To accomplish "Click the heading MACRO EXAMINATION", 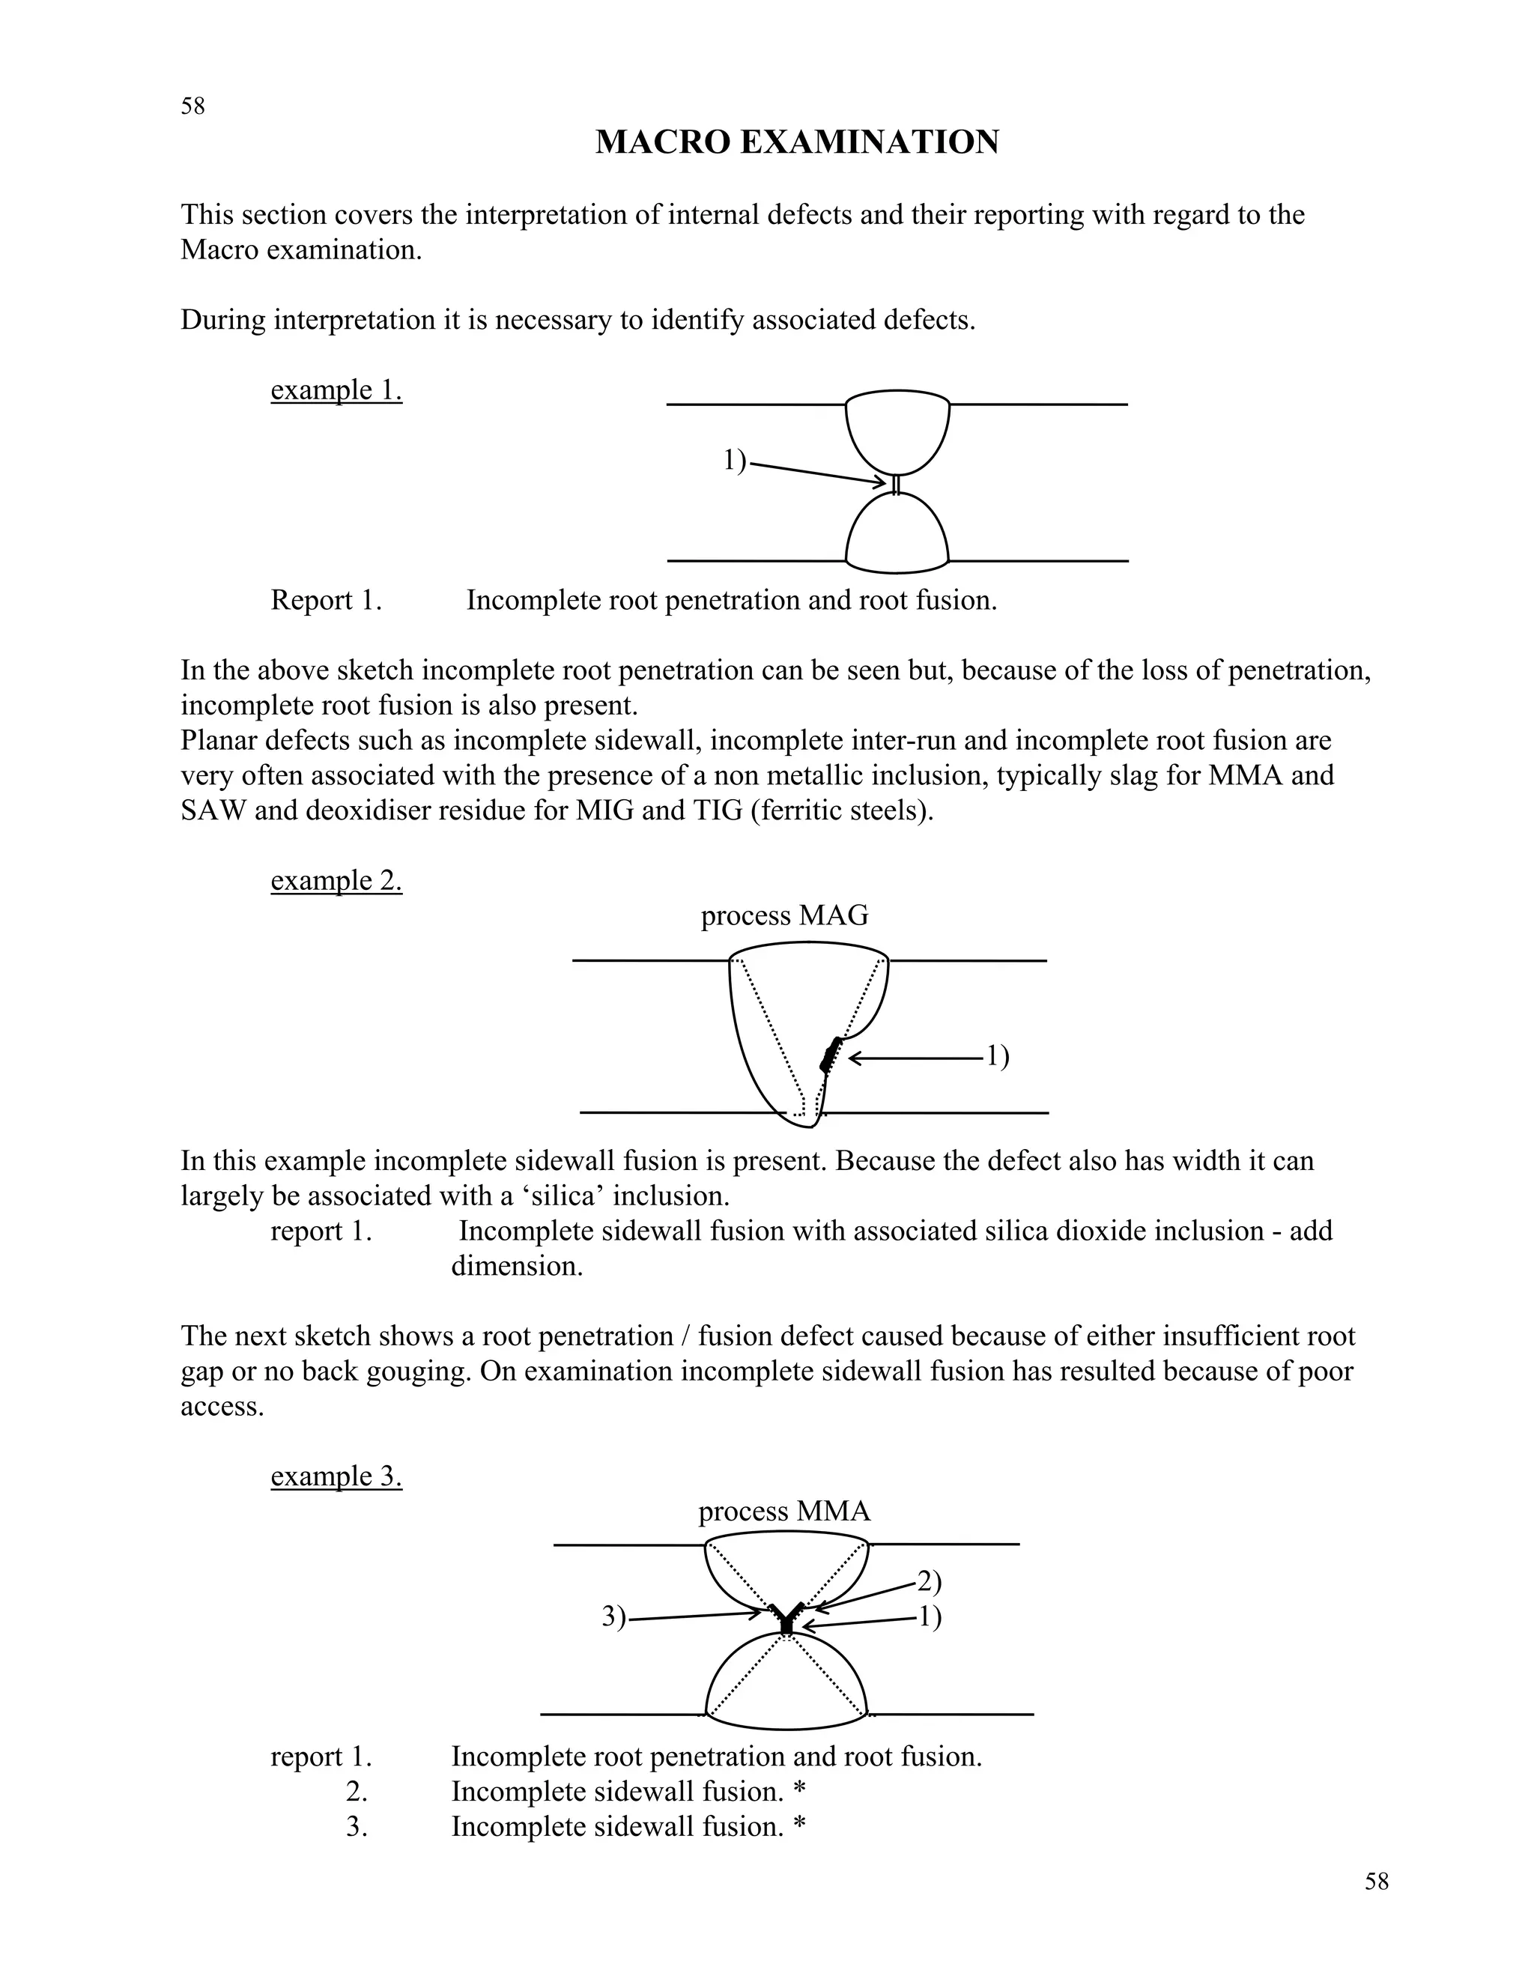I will tap(797, 142).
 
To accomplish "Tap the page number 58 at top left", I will tap(192, 106).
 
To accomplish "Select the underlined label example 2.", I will tap(336, 880).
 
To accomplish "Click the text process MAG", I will tap(784, 915).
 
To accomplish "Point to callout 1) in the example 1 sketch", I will tap(734, 461).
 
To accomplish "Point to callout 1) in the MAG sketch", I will tap(998, 1056).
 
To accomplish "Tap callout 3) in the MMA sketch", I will tap(614, 1617).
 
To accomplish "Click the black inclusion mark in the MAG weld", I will tap(830, 1055).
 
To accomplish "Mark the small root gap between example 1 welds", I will tap(896, 485).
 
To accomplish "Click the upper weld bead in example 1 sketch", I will tap(897, 431).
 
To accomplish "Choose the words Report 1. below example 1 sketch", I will tap(325, 600).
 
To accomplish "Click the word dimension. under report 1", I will tap(516, 1265).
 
